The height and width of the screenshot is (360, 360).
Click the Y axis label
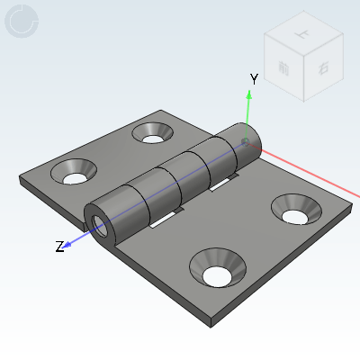coord(254,79)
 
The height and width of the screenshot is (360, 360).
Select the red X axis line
coord(315,175)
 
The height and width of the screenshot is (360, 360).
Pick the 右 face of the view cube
coord(321,67)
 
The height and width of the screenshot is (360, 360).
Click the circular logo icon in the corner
coord(22,22)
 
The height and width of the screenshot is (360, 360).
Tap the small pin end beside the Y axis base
coord(246,141)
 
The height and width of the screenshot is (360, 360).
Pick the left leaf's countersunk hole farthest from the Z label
coord(153,133)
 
